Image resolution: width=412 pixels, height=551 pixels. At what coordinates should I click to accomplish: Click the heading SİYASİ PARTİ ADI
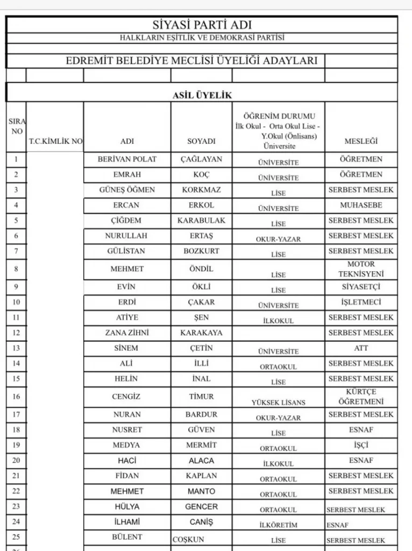[202, 25]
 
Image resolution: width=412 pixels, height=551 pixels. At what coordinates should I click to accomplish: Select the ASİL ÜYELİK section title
[202, 95]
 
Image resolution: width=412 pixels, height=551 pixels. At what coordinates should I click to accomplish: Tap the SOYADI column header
[201, 142]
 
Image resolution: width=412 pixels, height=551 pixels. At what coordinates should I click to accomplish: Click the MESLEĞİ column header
[361, 142]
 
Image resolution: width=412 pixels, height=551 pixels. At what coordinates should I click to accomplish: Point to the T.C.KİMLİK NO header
[55, 142]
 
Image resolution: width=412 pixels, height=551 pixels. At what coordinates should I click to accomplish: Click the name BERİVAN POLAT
[127, 159]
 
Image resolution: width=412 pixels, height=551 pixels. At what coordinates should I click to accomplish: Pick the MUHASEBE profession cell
[361, 205]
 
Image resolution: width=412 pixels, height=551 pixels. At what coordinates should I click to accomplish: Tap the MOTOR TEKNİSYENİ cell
[361, 269]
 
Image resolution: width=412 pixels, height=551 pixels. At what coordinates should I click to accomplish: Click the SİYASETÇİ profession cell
[361, 287]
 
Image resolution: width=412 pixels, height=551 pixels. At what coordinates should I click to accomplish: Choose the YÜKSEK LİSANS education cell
[278, 402]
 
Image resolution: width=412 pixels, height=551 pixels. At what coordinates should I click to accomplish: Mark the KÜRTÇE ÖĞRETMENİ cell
[361, 397]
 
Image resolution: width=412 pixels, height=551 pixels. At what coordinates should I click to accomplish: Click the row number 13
[16, 348]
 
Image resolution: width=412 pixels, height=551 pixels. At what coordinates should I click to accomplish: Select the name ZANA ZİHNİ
[127, 333]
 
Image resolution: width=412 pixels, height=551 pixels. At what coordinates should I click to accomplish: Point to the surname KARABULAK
[201, 220]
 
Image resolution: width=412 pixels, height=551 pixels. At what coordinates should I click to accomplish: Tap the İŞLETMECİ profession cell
[361, 302]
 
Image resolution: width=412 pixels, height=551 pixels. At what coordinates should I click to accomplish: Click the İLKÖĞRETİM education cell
[278, 525]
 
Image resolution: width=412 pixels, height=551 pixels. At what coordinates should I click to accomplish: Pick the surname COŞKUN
[188, 540]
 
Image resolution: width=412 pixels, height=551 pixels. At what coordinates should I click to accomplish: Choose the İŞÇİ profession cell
[361, 445]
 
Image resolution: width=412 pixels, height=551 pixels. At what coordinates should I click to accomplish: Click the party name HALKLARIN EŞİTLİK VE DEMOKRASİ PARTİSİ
[202, 38]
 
